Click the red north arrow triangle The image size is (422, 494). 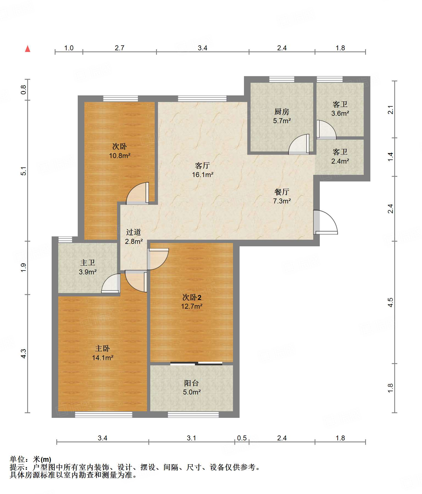pos(27,49)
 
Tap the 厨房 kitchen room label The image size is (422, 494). pos(282,112)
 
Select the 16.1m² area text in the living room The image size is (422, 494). pos(202,175)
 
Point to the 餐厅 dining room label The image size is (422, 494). pos(282,192)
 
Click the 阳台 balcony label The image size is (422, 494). pos(191,383)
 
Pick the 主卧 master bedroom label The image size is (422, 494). pos(102,349)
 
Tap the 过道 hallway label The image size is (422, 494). pos(134,232)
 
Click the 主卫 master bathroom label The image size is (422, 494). pos(88,263)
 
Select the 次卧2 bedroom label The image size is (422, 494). pos(192,297)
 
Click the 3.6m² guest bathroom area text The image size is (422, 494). pos(340,113)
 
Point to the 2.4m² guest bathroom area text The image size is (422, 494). pos(340,161)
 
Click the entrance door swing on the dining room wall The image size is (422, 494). pos(326,222)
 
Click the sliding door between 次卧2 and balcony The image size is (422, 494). pos(196,364)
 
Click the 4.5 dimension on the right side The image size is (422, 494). pos(390,302)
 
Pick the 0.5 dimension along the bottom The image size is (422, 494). pos(242,438)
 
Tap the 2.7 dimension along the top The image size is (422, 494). pos(120,48)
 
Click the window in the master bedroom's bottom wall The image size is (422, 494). pos(104,415)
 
